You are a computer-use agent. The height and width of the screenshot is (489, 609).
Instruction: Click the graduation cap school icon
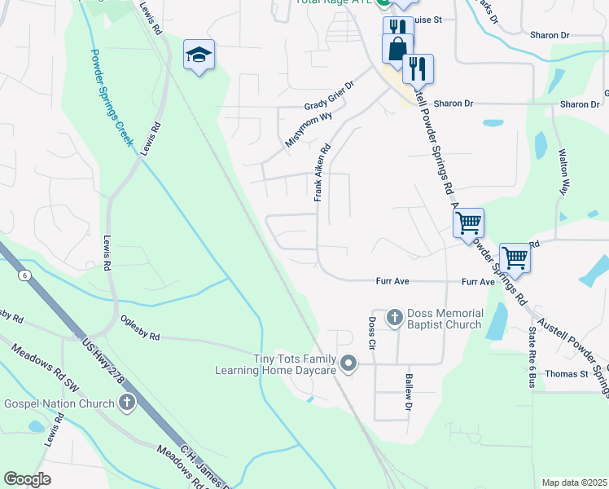[x=199, y=55]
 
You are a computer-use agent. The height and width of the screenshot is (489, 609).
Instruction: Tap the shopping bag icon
[x=397, y=49]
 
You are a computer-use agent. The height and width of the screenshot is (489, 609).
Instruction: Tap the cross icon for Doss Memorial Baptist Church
[x=394, y=316]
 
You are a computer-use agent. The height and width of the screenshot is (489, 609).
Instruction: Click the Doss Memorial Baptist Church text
[x=445, y=319]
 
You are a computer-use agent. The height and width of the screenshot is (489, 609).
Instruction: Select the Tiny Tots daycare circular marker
[x=348, y=363]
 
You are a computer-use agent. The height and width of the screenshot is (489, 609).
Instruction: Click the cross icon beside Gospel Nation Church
[x=126, y=402]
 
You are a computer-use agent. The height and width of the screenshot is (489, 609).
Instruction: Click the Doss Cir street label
[x=371, y=333]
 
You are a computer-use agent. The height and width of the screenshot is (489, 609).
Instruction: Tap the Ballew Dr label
[x=409, y=393]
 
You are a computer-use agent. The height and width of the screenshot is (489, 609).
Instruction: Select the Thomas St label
[x=567, y=374]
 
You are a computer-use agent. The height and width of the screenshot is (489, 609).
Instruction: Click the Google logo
[x=28, y=478]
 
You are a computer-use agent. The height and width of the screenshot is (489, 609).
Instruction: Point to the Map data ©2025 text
[x=573, y=482]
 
